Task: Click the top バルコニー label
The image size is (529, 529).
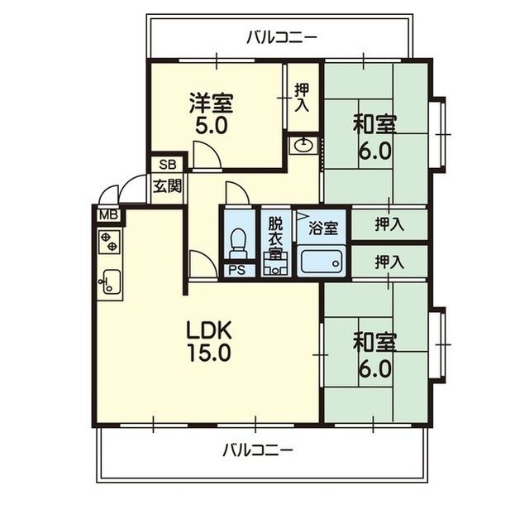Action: pyautogui.click(x=282, y=37)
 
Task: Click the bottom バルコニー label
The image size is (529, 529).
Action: pyautogui.click(x=258, y=451)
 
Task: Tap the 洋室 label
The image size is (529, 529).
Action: pyautogui.click(x=211, y=103)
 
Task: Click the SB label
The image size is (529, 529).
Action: pyautogui.click(x=167, y=164)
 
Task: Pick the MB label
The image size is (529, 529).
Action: pyautogui.click(x=108, y=216)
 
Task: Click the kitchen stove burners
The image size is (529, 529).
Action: pyautogui.click(x=109, y=242)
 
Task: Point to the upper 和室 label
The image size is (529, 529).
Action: pyautogui.click(x=375, y=126)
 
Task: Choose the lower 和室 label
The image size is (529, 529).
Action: pyautogui.click(x=375, y=342)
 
